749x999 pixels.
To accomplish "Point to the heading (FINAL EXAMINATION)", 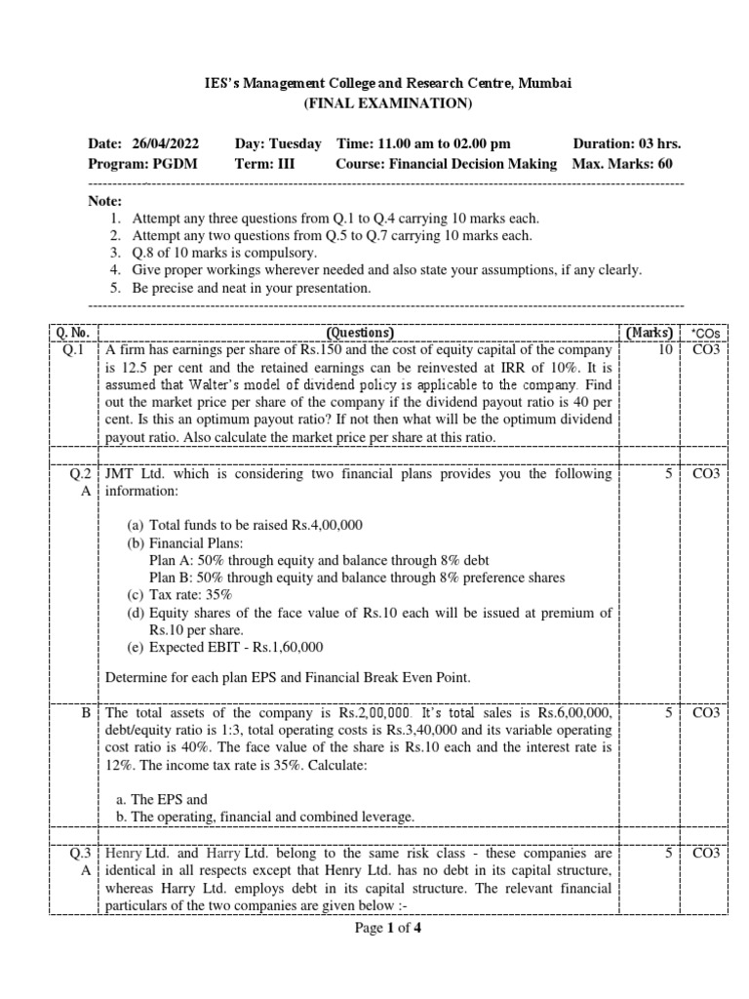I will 387,103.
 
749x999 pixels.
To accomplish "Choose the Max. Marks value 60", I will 664,164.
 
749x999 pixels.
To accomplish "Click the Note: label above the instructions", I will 105,200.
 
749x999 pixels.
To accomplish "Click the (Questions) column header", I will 360,333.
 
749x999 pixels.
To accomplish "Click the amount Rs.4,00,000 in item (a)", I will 327,525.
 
